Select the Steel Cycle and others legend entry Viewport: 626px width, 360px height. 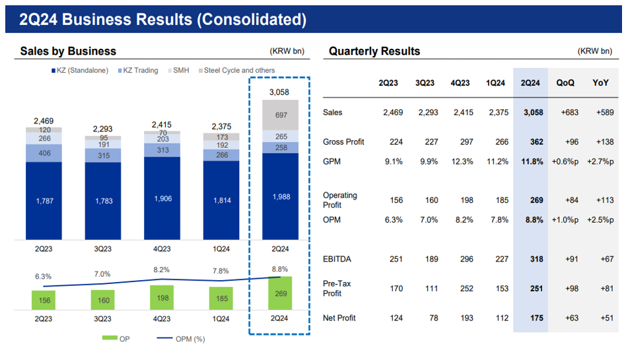click(x=239, y=70)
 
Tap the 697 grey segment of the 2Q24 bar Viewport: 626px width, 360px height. click(x=281, y=115)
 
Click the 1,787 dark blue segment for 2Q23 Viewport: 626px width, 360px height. click(x=44, y=200)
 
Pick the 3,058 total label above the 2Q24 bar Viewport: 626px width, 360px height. click(x=281, y=92)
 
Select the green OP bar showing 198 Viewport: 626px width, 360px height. click(x=162, y=298)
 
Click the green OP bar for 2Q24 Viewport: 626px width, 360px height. click(x=281, y=293)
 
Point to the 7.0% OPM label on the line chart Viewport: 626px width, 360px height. click(x=102, y=273)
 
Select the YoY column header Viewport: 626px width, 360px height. click(x=601, y=83)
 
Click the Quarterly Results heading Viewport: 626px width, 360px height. click(x=374, y=51)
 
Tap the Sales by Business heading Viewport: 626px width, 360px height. click(x=68, y=51)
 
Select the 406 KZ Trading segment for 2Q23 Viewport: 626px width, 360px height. click(x=44, y=153)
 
